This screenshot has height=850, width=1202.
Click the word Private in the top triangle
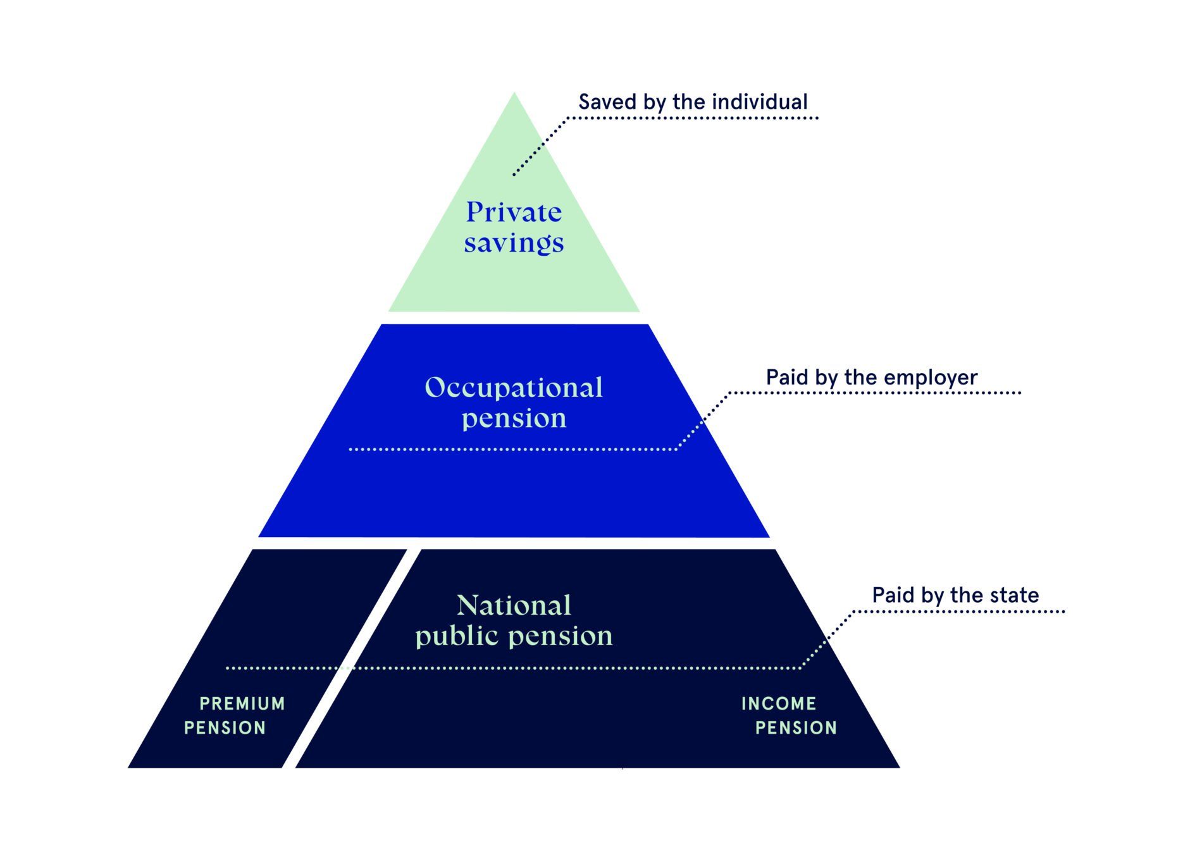(513, 212)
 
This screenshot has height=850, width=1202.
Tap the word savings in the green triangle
(513, 243)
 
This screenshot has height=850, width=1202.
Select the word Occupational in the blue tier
(513, 388)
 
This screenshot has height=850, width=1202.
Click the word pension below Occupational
(513, 419)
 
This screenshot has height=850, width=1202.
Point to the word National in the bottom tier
(513, 605)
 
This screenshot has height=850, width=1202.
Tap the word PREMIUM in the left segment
(242, 703)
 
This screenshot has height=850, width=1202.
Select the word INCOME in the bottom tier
(778, 703)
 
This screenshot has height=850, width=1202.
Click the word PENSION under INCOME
(796, 728)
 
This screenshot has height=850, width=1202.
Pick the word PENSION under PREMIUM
(225, 728)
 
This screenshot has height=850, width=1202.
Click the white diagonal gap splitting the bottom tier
(351, 658)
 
